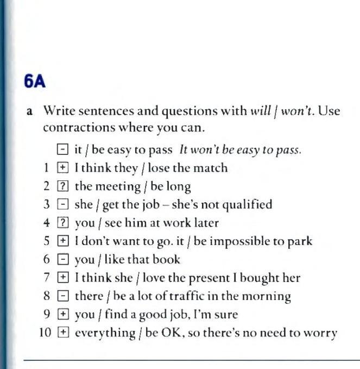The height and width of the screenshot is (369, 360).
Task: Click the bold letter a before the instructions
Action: pos(30,112)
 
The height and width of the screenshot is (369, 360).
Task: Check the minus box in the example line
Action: pos(61,150)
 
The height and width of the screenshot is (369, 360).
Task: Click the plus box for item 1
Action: pos(61,168)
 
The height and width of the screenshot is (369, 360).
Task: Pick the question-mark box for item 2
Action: pos(61,186)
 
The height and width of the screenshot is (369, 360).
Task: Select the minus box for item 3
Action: pos(61,205)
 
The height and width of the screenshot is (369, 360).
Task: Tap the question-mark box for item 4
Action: pos(61,223)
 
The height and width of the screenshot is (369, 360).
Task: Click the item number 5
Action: pos(47,241)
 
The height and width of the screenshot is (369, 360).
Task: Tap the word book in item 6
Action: pos(168,260)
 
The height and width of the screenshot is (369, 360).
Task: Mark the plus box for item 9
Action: pos(61,315)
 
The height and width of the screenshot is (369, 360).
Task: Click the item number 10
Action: pos(45,333)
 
